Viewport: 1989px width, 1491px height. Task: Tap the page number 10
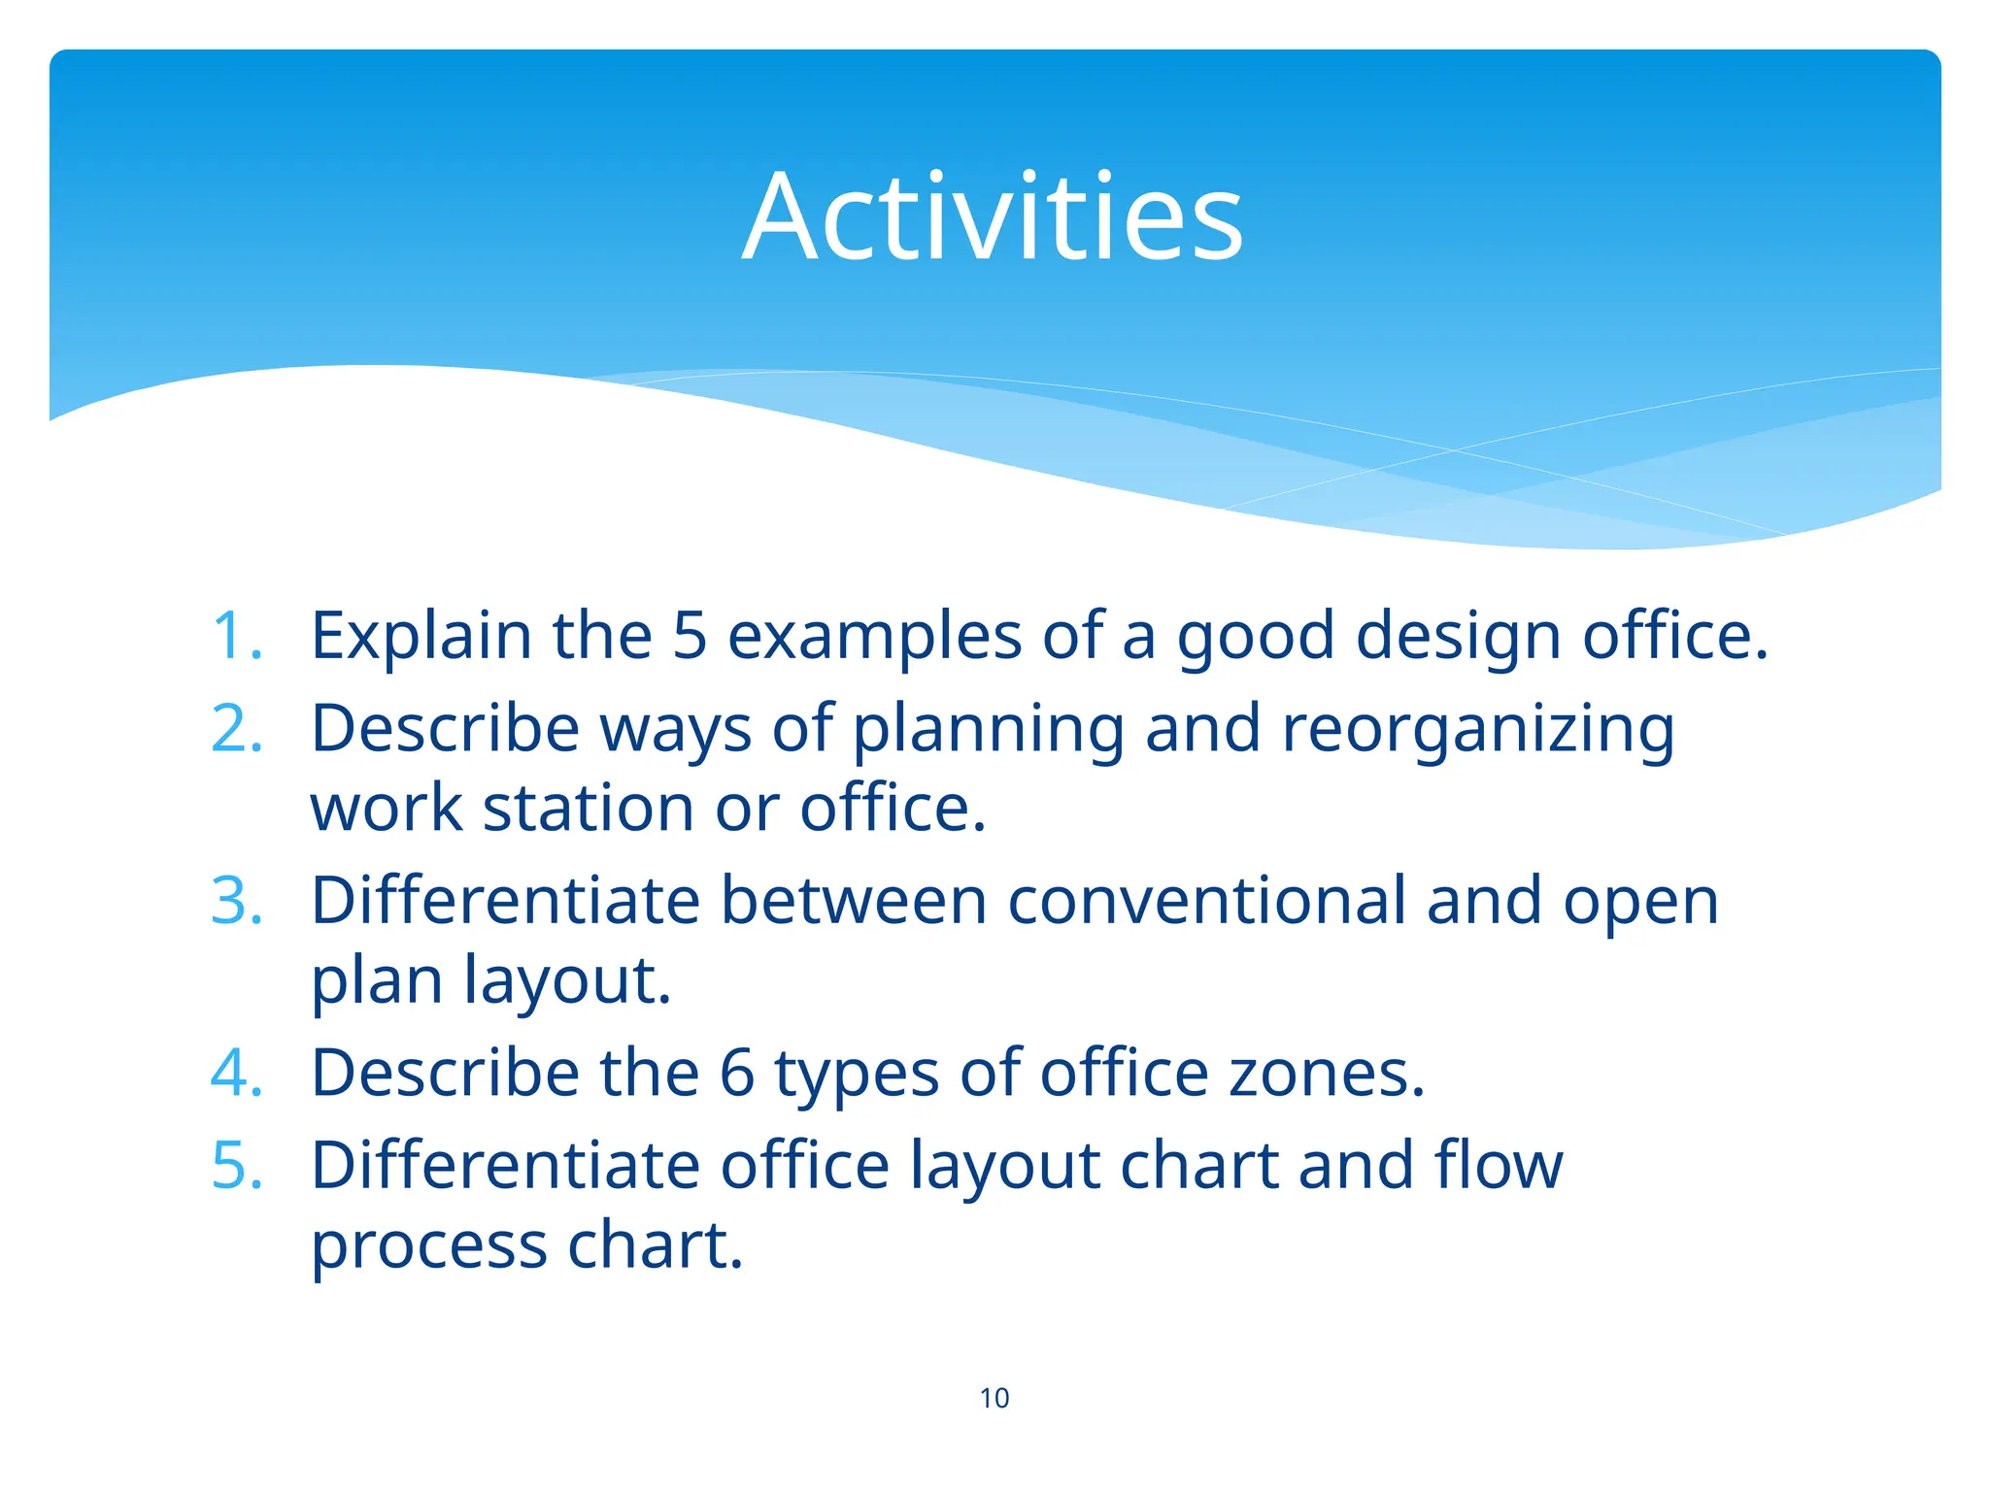pyautogui.click(x=994, y=1398)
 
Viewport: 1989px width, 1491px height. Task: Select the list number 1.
pyautogui.click(x=236, y=636)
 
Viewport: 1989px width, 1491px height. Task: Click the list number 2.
pyautogui.click(x=236, y=728)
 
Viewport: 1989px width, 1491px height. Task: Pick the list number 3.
pyautogui.click(x=236, y=900)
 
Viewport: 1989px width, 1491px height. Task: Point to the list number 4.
pyautogui.click(x=236, y=1073)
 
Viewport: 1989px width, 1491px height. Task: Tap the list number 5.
pyautogui.click(x=236, y=1165)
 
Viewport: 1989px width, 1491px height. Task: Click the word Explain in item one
pyautogui.click(x=421, y=636)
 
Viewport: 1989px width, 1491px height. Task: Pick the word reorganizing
pyautogui.click(x=1478, y=730)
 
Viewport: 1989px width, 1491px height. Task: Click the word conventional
pyautogui.click(x=1206, y=900)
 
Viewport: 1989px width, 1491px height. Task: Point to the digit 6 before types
pyautogui.click(x=737, y=1073)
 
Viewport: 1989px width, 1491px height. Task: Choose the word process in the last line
pyautogui.click(x=428, y=1247)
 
